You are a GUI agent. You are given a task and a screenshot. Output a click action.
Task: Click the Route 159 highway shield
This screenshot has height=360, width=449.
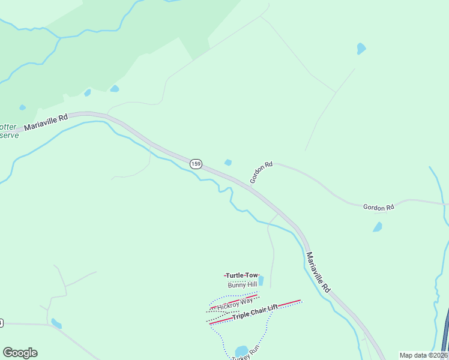pos(196,164)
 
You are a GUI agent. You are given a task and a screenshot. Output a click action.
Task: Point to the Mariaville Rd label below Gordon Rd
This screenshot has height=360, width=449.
pos(318,272)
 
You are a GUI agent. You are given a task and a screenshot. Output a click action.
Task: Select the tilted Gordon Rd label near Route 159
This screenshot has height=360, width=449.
pos(261,172)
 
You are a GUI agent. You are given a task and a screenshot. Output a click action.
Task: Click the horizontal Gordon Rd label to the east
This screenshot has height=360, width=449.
pos(378,208)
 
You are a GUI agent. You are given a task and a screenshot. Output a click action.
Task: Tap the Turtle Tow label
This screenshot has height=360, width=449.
pos(242,275)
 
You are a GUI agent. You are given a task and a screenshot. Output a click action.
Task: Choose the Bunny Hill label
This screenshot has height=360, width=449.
pos(243,284)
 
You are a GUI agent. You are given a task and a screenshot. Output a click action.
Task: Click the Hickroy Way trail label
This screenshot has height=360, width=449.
pos(235,304)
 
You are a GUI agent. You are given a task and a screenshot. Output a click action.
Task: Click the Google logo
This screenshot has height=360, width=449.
pos(20,353)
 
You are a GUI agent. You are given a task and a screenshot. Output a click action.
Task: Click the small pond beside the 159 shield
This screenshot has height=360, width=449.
pos(228,162)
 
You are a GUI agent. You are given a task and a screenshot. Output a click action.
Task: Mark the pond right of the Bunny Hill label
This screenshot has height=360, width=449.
pos(260,280)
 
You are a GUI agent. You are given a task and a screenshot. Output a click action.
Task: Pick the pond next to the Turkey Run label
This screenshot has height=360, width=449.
pos(241,350)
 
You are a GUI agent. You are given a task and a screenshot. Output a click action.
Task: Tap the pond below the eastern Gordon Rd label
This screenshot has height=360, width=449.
pos(377,227)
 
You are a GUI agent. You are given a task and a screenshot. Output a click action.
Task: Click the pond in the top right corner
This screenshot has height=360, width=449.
pos(361,48)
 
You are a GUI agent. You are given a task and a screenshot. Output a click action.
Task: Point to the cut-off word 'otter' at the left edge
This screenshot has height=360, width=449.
pos(8,127)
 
